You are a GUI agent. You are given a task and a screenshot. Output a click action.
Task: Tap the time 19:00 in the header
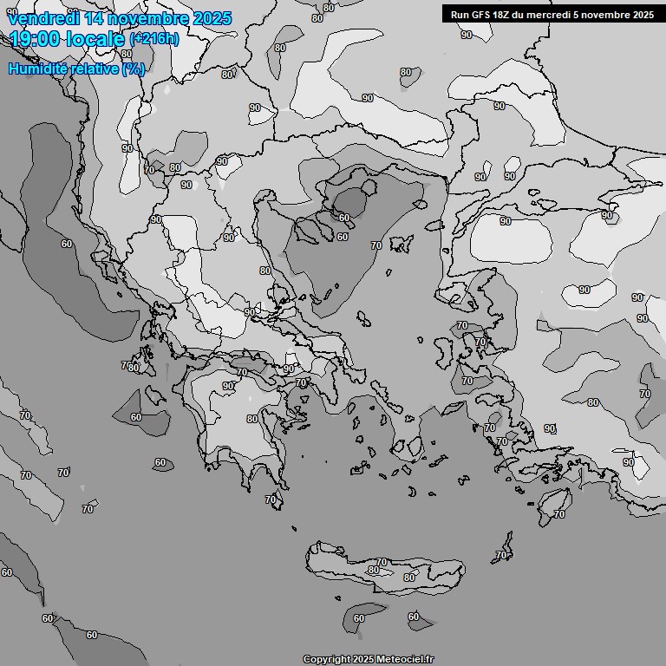36,38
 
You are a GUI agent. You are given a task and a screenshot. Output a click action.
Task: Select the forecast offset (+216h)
153,39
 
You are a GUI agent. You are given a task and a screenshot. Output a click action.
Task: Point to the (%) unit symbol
134,69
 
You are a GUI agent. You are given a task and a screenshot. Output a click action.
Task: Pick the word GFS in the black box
480,15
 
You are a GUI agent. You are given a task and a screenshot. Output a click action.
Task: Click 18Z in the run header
503,15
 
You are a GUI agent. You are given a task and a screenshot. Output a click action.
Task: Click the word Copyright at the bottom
327,660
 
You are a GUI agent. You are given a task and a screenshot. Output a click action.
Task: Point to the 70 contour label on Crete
382,563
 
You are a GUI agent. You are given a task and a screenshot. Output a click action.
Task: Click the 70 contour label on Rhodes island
559,514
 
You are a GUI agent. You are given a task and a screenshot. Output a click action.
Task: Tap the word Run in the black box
460,15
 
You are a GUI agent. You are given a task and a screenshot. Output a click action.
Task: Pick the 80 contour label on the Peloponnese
251,419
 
